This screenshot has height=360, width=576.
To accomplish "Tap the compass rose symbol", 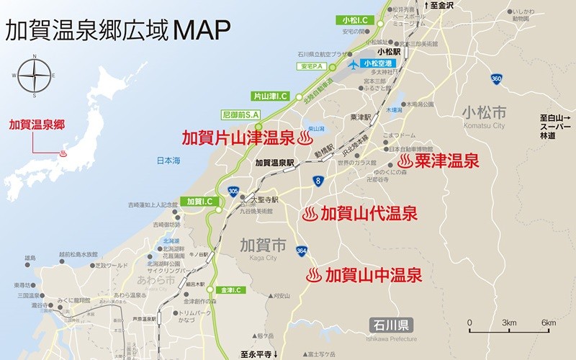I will coord(34,74).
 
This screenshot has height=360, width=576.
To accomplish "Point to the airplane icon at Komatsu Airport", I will coord(353,63).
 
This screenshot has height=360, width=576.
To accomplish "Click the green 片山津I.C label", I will coord(271,95).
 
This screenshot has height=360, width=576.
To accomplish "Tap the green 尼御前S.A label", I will coord(240,114).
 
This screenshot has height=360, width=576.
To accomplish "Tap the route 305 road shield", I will coord(233,191).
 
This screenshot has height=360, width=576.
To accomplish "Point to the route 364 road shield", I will coord(302,251).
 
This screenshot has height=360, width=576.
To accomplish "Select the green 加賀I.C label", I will coord(195,202).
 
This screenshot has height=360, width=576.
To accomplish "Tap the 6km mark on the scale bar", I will coord(548,322).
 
